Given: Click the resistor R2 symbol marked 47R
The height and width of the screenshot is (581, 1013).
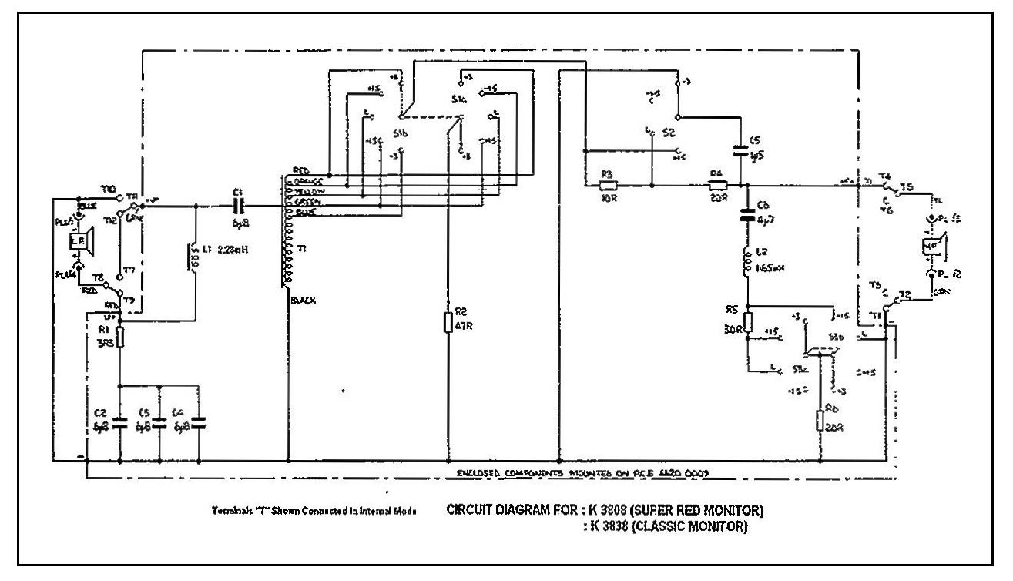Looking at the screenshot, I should coord(448,323).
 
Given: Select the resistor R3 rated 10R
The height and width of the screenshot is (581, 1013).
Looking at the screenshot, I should coord(607,185).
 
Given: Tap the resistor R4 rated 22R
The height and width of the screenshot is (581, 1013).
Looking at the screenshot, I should coord(717,185).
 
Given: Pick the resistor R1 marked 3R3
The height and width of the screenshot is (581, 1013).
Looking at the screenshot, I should coord(120,335).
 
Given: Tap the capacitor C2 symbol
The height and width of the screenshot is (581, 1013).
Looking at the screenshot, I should coord(120,422).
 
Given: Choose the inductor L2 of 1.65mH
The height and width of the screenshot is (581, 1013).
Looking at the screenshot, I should coord(746,262).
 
